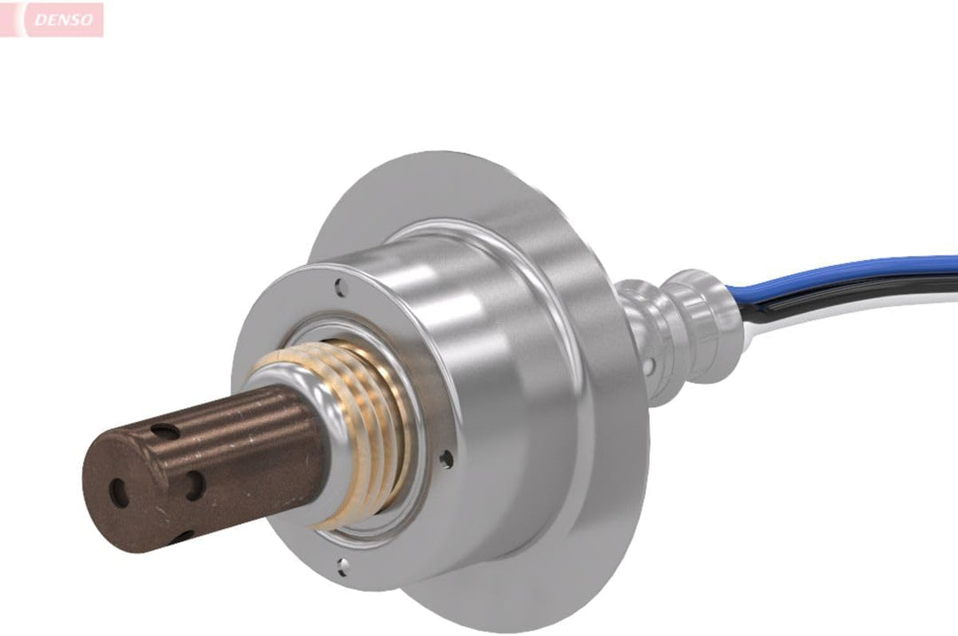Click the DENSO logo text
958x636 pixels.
click(x=64, y=20)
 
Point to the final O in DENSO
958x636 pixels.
click(x=87, y=20)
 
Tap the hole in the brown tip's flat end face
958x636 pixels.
click(x=119, y=492)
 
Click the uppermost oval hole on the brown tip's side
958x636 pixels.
click(x=165, y=432)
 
